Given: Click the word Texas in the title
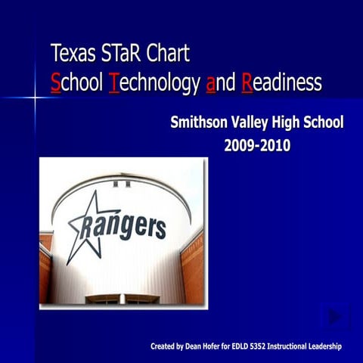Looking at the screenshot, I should coord(70,54).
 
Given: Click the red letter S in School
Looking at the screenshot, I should coord(55,83).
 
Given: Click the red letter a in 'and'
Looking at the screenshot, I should coord(210,83).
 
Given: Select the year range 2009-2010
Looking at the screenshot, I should coord(257,145).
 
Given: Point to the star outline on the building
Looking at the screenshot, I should coord(85,227).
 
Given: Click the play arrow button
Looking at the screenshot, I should coord(335,317).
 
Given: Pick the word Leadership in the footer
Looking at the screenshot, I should coord(324,346).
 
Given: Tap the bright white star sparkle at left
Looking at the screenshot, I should coord(34,98).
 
